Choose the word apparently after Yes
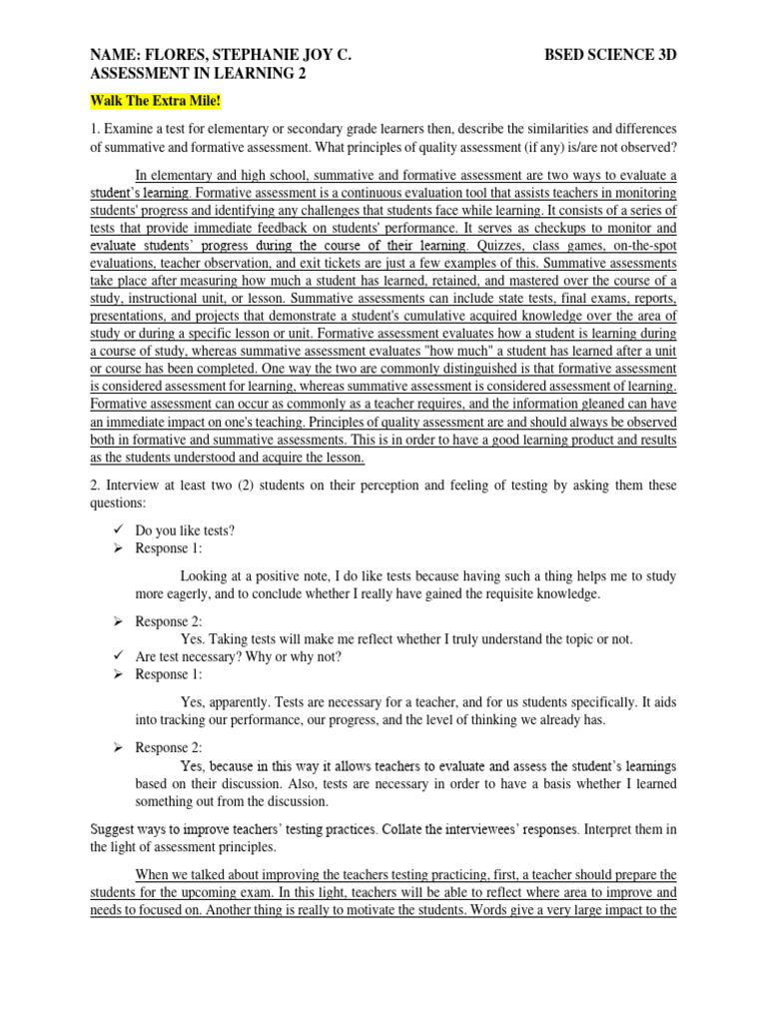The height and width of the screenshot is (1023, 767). point(241,701)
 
